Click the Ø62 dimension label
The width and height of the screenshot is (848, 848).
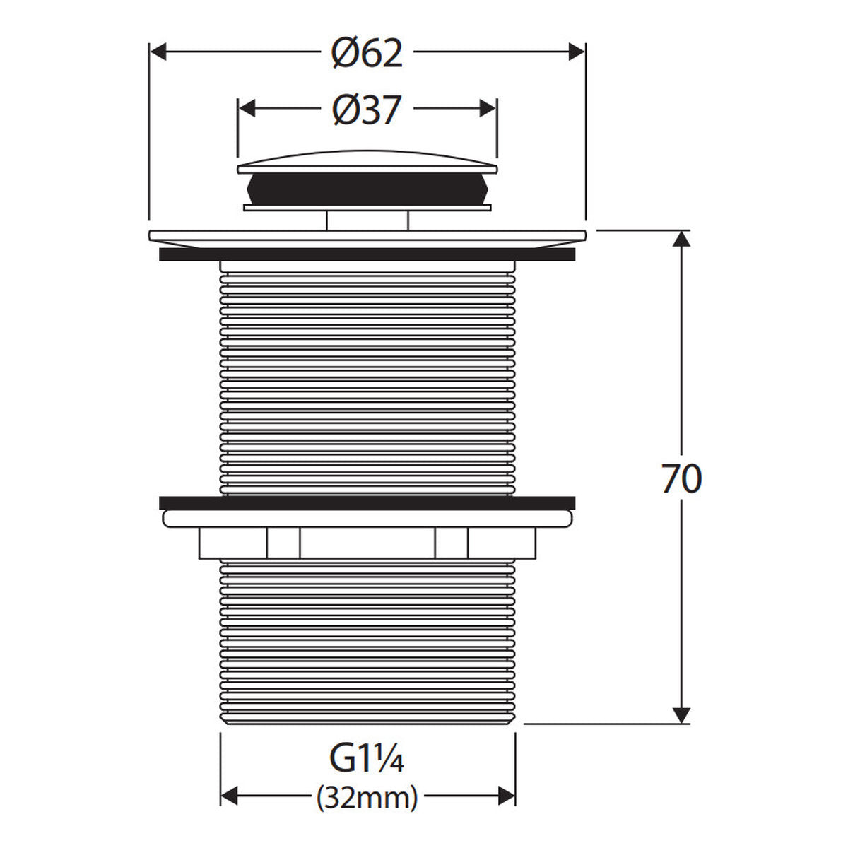point(367,53)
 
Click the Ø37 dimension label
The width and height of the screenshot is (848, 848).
point(367,110)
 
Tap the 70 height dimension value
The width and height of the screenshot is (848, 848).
point(682,479)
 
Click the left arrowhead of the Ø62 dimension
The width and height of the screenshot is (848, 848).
point(158,52)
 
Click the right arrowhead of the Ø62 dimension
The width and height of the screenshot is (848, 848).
point(577,52)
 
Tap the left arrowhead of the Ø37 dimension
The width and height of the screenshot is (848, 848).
point(247,109)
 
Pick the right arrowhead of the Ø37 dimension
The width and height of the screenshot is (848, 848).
point(488,109)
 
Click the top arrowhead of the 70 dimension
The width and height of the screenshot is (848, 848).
point(682,239)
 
